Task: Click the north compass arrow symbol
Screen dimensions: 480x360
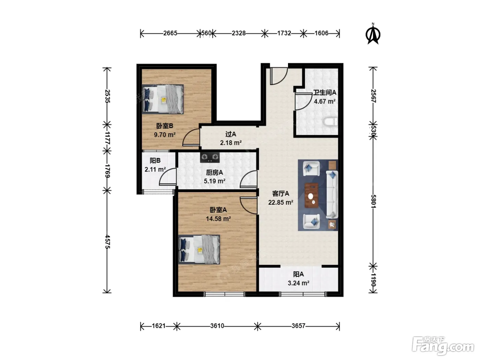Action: coord(373,34)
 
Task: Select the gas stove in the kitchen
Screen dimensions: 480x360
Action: coord(210,157)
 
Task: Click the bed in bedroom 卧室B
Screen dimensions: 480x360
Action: coord(163,99)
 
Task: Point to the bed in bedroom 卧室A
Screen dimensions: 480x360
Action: coord(199,250)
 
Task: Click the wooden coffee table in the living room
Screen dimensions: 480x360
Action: coord(312,195)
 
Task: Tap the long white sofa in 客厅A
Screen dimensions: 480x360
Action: coord(332,194)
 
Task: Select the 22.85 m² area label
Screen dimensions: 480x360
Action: coord(280,202)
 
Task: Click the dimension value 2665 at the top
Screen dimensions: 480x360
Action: coord(170,33)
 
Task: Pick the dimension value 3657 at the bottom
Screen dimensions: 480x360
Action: coord(298,326)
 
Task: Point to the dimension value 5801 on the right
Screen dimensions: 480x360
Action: coord(373,201)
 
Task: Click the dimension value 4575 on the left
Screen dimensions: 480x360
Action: coord(107,241)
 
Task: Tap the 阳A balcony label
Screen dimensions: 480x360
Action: coord(298,274)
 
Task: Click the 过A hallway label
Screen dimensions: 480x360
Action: coord(231,134)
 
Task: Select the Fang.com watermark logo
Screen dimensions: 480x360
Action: coord(443,346)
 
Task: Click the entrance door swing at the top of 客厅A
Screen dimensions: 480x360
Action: coord(279,76)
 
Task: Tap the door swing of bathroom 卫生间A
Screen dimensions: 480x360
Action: coord(303,101)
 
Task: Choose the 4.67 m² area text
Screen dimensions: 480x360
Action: coord(325,101)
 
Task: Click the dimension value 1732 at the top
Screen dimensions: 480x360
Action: coord(284,33)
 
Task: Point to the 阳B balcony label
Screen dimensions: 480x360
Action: coord(155,161)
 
